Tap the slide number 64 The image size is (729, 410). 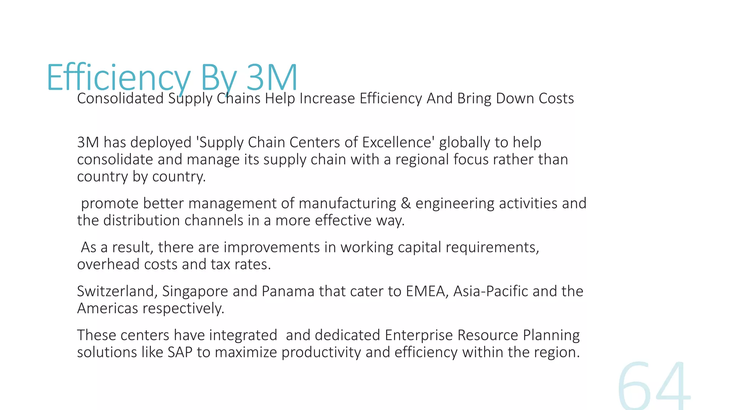tap(654, 386)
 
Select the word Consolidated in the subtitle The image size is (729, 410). tap(120, 99)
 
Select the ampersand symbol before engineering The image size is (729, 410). tap(405, 204)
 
